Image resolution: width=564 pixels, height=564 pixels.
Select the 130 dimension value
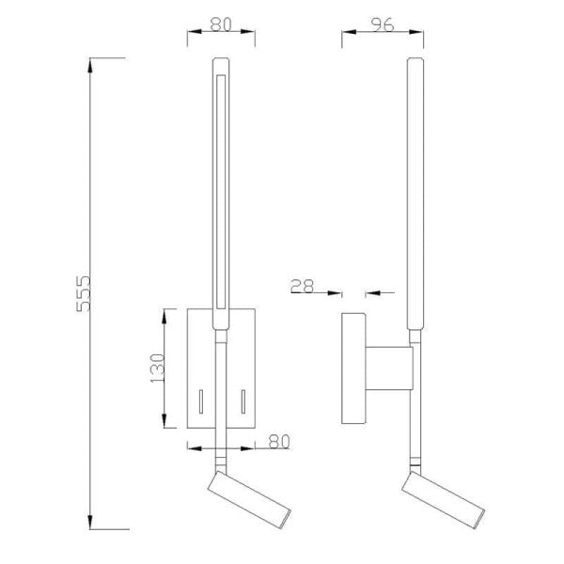coord(157,366)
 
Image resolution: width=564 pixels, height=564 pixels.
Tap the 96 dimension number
coord(381,25)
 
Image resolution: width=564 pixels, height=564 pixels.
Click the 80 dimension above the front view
coord(221,25)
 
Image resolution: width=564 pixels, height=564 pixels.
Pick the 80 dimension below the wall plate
coord(277,439)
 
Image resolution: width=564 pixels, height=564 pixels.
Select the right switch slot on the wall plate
coord(243,402)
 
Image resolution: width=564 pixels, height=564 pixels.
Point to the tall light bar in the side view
coord(415,188)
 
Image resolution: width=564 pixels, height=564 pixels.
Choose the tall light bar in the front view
coord(221,188)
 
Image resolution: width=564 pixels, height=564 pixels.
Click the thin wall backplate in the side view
coord(353,369)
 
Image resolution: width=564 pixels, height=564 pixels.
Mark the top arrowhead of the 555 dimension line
coord(91,62)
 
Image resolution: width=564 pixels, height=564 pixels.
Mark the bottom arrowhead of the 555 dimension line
coord(91,524)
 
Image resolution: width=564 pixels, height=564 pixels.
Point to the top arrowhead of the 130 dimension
coord(165,312)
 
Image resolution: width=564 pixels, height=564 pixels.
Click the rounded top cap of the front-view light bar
coord(221,63)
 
